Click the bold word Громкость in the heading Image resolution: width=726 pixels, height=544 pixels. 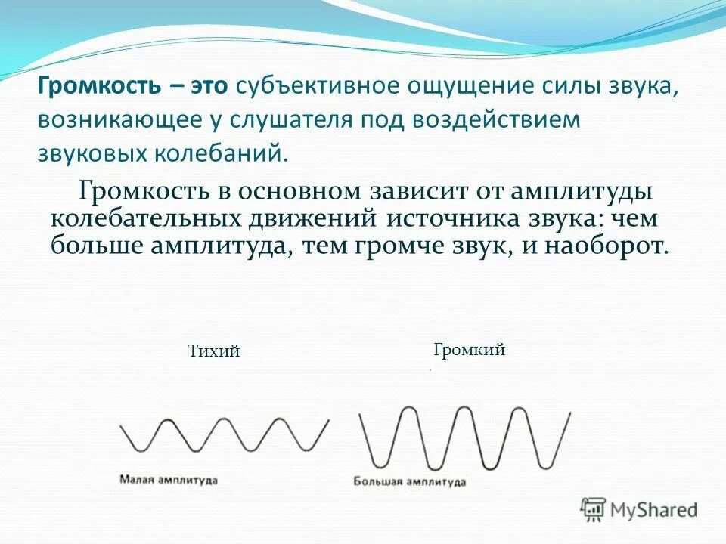coord(98,86)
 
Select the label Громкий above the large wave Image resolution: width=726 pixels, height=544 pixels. coord(469,350)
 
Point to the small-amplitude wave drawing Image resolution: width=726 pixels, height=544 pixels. coord(225,436)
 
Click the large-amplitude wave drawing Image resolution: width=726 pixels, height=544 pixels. coord(463,437)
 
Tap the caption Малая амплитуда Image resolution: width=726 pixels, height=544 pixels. coord(168,480)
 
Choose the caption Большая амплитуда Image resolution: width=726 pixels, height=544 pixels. coord(409,481)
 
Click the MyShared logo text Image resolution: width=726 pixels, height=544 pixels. coord(655,510)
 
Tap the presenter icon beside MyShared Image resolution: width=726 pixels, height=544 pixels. coord(593,509)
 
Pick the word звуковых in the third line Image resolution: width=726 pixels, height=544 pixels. coord(91,154)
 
